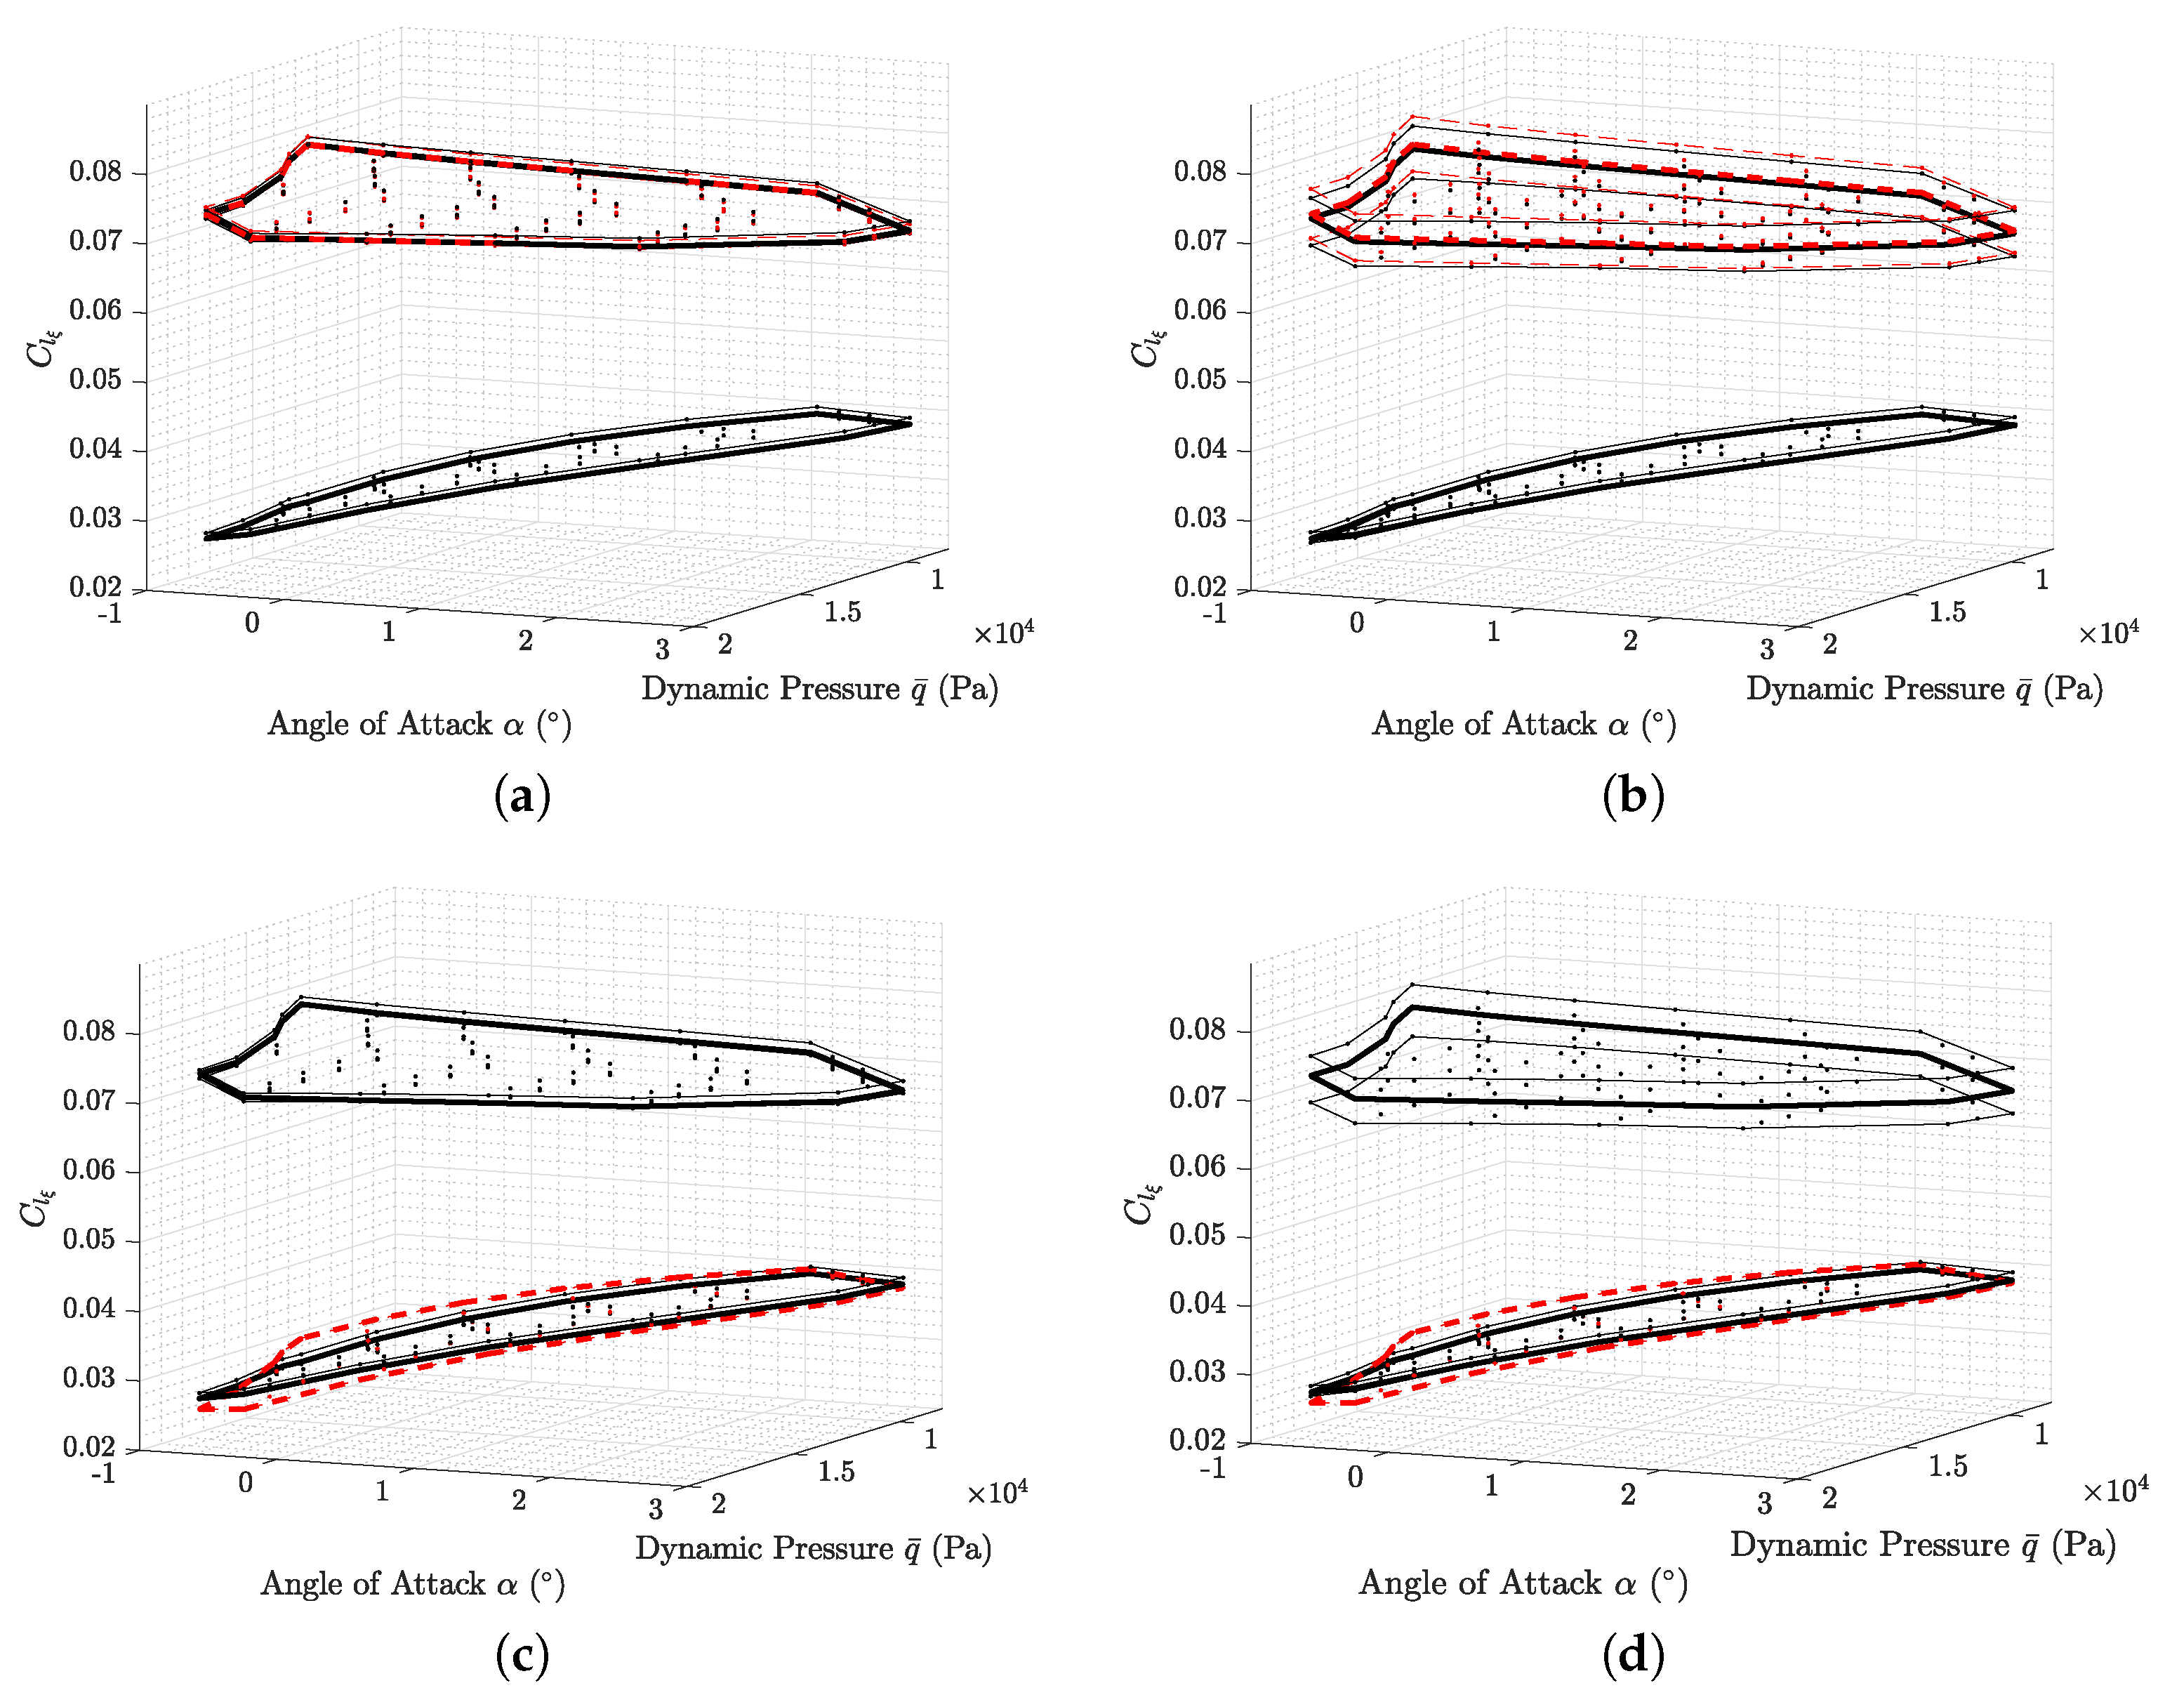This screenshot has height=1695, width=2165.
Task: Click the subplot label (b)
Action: [x=1632, y=796]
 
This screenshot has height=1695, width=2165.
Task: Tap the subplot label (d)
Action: [x=1632, y=1654]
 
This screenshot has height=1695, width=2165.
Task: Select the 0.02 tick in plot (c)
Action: [x=88, y=1447]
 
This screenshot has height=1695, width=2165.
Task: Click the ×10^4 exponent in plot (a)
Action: [x=1003, y=632]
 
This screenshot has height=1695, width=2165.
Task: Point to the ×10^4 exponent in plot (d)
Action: [x=2114, y=1489]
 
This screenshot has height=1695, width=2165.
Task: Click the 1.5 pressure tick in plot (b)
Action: [x=1947, y=612]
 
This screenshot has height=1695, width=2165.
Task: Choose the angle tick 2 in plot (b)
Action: [x=1630, y=641]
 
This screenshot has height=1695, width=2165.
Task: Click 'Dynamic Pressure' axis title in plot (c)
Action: [x=813, y=1548]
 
